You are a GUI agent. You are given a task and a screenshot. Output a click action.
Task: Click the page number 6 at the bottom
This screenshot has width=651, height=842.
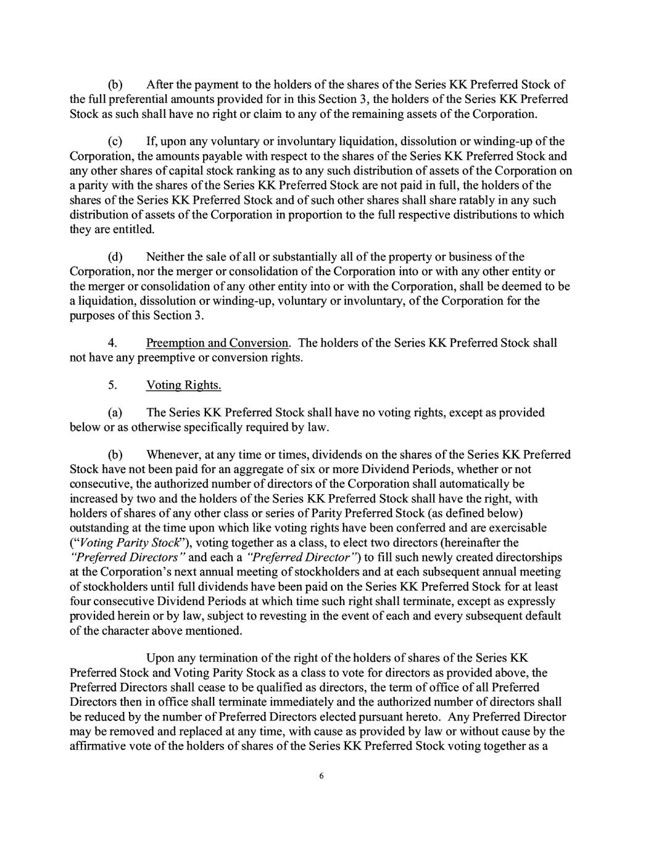tap(321, 776)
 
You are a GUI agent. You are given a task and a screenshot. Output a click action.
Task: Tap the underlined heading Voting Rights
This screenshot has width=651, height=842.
tap(183, 386)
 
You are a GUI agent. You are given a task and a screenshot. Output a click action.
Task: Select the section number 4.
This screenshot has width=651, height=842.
tap(112, 343)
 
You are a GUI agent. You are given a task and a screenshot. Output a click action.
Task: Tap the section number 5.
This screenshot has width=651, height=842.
tap(112, 386)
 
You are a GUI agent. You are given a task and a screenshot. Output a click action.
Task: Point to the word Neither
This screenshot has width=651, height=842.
tap(165, 257)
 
